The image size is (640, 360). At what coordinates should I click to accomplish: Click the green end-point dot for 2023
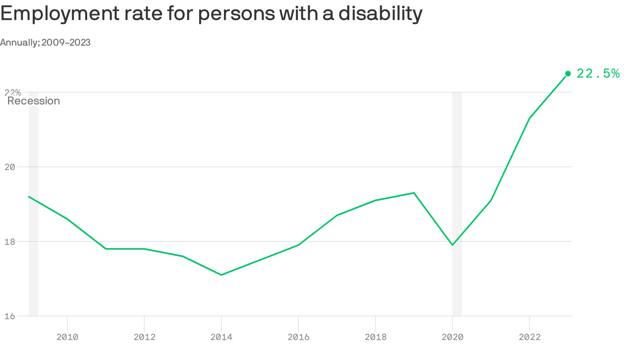[x=568, y=74]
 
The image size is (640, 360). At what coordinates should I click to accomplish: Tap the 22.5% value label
[x=598, y=74]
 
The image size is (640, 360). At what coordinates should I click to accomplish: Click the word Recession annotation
[x=34, y=101]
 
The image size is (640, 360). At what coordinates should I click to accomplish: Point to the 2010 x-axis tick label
[x=67, y=337]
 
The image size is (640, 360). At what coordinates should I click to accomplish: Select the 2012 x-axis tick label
[x=144, y=337]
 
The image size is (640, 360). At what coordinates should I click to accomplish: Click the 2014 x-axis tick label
[x=221, y=337]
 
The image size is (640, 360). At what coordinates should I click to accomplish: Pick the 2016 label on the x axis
[x=298, y=337]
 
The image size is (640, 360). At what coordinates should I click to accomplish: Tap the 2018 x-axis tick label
[x=375, y=337]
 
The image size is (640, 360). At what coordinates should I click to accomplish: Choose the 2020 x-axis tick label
[x=452, y=337]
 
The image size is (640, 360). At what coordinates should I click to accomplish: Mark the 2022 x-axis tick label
[x=529, y=337]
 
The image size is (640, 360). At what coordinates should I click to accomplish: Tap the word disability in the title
[x=380, y=14]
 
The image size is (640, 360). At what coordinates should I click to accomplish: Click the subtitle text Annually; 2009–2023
[x=45, y=43]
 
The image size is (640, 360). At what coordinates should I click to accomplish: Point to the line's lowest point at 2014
[x=221, y=275]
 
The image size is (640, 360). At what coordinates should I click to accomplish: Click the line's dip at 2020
[x=452, y=245]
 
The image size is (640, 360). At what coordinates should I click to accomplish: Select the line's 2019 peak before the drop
[x=414, y=193]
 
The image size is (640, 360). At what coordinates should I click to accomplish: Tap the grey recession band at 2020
[x=457, y=281]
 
